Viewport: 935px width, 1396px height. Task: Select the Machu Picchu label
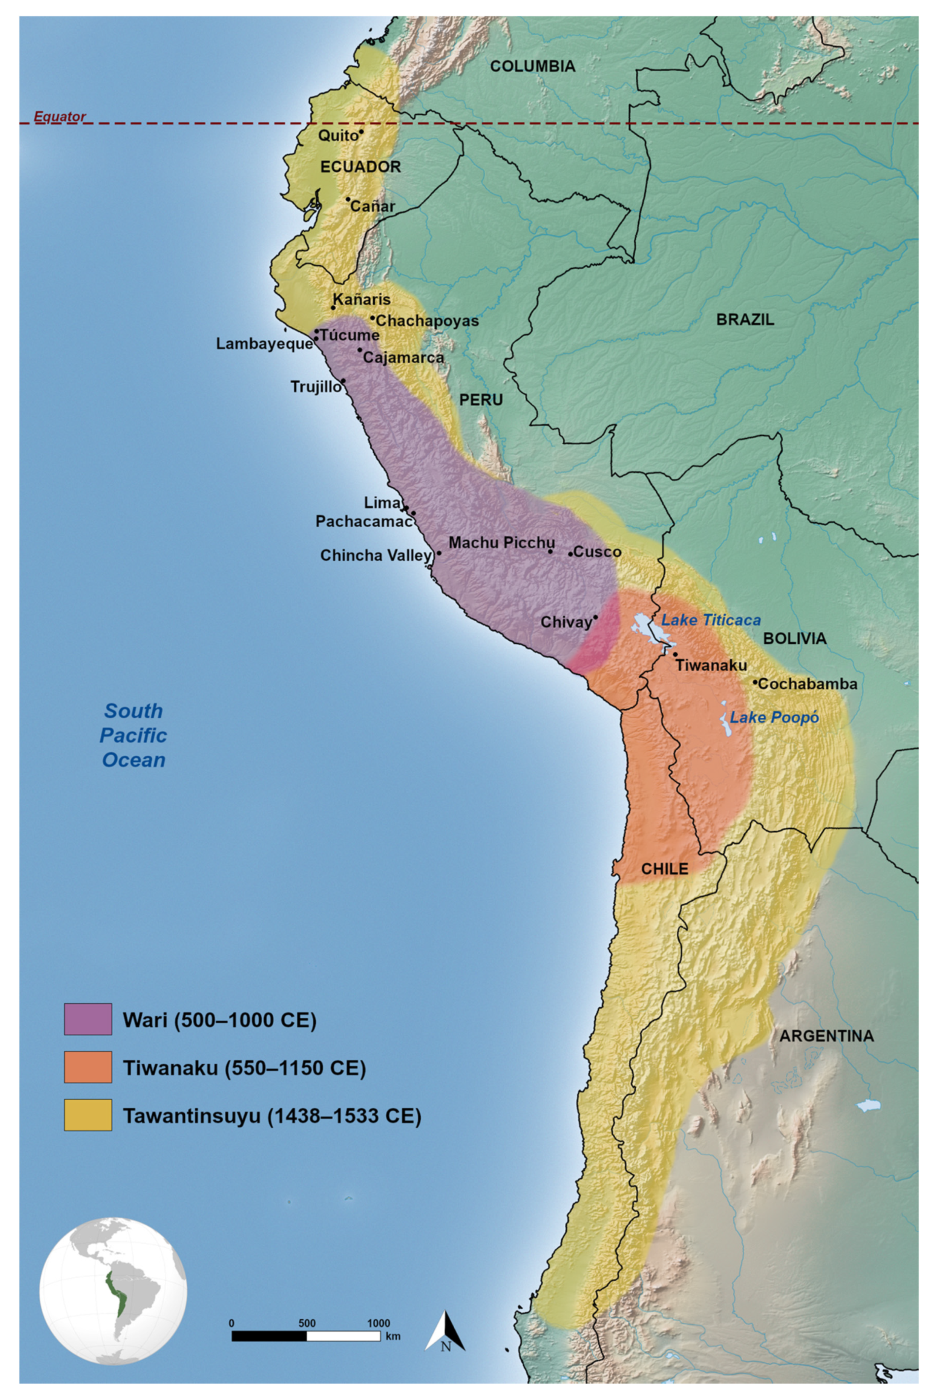501,543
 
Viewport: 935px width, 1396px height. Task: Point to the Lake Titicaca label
711,620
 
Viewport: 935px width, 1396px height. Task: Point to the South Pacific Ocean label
133,735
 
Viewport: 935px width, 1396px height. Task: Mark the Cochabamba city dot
755,682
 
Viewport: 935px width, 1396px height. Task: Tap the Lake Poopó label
773,718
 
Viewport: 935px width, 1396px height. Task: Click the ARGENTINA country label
826,1035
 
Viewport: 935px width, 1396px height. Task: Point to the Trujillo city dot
343,380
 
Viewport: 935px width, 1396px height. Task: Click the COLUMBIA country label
532,66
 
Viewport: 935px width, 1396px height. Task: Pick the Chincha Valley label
376,556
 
